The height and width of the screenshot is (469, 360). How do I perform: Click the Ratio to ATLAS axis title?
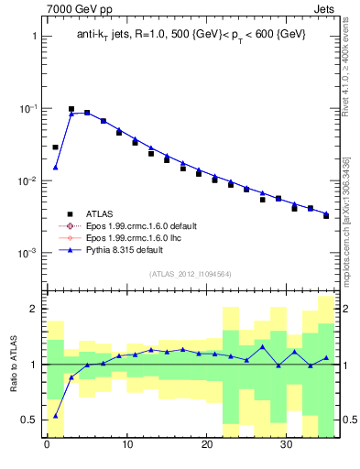pyautogui.click(x=15, y=364)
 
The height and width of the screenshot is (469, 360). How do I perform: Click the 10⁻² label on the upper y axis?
pyautogui.click(x=27, y=180)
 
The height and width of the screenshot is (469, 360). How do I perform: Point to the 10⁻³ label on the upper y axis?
pyautogui.click(x=27, y=253)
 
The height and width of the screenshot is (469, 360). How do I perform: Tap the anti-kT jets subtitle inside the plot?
pyautogui.click(x=191, y=35)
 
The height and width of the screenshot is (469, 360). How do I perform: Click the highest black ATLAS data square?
pyautogui.click(x=71, y=109)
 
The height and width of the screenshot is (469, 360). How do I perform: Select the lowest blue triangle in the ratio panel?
pyautogui.click(x=55, y=415)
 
